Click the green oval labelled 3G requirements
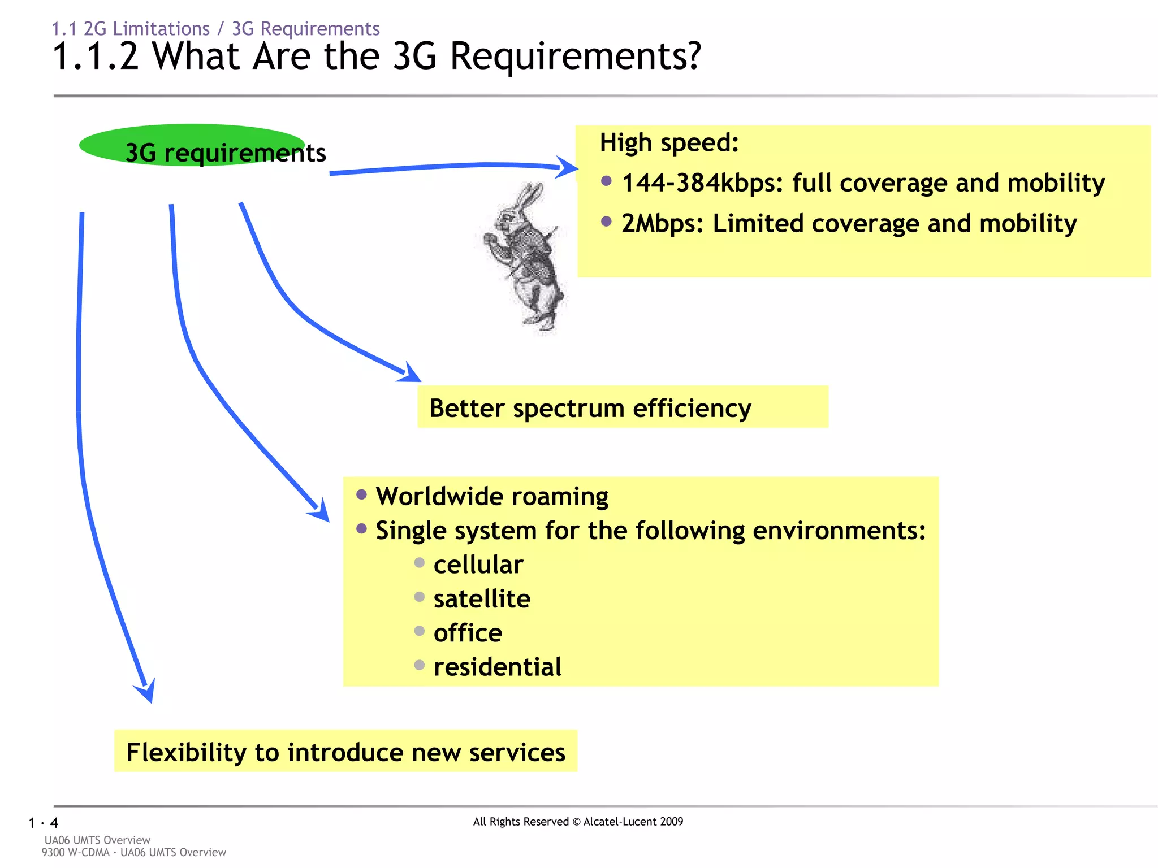192,145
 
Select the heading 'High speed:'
669,142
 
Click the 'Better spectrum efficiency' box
622,407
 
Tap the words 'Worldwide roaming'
491,496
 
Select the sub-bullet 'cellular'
478,565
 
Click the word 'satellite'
482,598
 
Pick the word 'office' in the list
468,633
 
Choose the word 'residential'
497,667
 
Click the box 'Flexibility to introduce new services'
345,752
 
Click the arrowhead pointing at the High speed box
567,167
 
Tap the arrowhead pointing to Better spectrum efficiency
410,373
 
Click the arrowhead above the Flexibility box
146,691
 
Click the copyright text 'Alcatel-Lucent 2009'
633,822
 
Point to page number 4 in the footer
54,823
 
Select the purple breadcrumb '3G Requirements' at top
305,29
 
